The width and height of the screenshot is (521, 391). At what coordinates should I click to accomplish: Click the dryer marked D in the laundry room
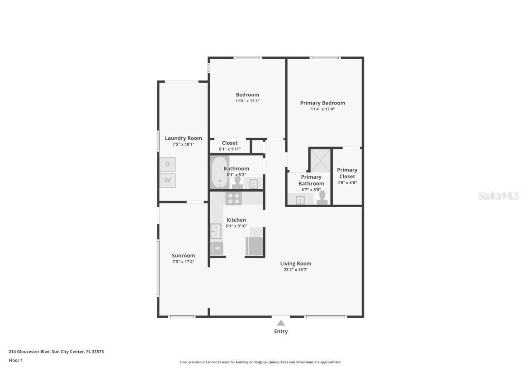(167, 164)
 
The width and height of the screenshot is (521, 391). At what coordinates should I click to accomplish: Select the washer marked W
(167, 181)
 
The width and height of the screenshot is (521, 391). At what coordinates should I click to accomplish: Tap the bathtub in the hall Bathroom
(219, 172)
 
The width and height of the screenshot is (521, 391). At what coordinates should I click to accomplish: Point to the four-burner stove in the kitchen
(234, 198)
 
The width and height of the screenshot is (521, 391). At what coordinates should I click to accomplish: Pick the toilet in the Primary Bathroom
(322, 198)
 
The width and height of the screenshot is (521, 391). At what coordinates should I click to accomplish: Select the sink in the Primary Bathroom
(300, 200)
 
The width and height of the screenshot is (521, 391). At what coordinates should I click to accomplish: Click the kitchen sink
(216, 231)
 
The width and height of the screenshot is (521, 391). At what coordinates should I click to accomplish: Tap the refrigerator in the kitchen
(255, 245)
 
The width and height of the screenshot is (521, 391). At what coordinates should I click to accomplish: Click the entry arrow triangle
(281, 323)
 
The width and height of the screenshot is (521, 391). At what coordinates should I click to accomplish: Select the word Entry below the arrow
(281, 331)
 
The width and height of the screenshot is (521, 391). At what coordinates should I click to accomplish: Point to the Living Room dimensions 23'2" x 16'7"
(295, 270)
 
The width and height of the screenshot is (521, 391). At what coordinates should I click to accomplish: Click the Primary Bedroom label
(322, 103)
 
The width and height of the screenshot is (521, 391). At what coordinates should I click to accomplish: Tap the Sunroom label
(183, 255)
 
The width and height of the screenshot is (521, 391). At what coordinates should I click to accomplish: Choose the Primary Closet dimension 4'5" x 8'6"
(347, 183)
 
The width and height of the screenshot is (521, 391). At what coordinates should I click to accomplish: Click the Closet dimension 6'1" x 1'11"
(230, 149)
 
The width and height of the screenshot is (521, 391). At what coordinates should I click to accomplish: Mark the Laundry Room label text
(183, 138)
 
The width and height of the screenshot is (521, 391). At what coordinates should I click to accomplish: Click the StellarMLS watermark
(499, 195)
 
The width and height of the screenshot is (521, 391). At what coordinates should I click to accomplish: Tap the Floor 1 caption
(15, 360)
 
